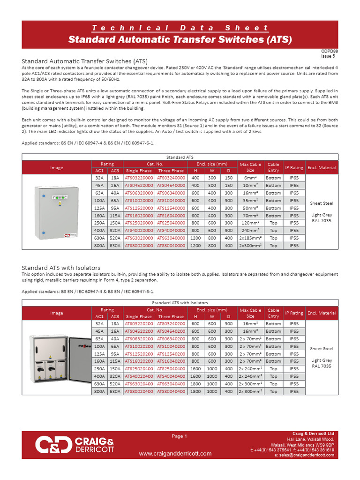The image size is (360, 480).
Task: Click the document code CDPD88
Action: [x=326, y=51]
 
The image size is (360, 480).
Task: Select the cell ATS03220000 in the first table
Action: [x=138, y=178]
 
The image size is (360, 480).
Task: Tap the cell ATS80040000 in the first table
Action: [x=171, y=246]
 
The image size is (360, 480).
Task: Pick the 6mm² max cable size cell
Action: [x=250, y=178]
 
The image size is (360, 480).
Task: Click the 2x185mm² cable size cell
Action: [x=250, y=238]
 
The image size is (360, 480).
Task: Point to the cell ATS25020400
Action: [x=138, y=369]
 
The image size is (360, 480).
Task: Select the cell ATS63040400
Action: [x=171, y=384]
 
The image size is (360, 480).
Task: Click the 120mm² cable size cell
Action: [x=250, y=223]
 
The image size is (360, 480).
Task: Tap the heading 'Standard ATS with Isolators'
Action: [x=61, y=268]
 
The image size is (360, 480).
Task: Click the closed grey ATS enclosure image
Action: [x=57, y=212]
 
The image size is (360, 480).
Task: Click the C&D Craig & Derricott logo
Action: [x=75, y=444]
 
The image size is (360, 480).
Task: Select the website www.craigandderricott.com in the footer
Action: [x=175, y=453]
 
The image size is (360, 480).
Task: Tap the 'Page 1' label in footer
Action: [x=179, y=436]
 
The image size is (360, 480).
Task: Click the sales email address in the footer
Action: [x=304, y=455]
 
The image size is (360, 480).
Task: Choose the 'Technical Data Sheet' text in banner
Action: [x=180, y=28]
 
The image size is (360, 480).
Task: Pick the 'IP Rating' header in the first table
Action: [x=294, y=167]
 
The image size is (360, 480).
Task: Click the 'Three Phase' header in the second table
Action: [x=171, y=316]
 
